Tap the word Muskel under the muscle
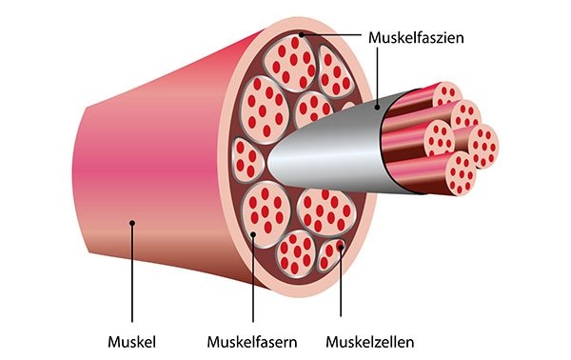point(133,340)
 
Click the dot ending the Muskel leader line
point(133,223)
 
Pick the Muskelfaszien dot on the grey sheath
point(378,108)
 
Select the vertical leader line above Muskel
point(133,276)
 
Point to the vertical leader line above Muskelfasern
point(253,281)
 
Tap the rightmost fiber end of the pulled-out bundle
point(483,146)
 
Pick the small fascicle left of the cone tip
point(246,157)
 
